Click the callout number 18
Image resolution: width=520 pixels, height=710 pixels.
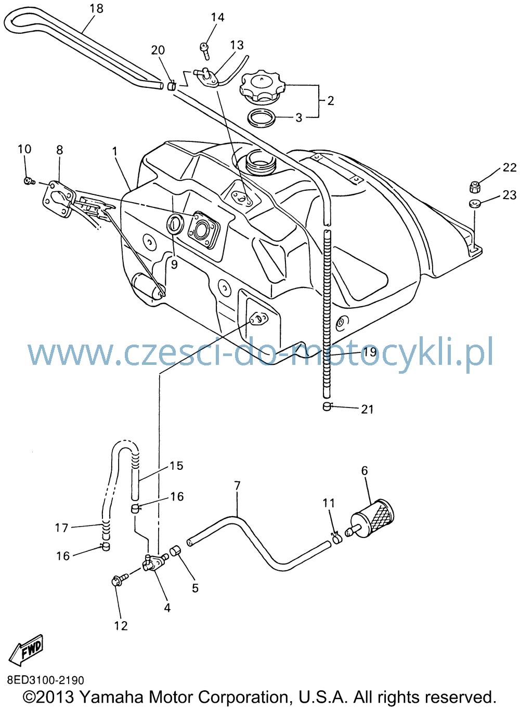(96, 8)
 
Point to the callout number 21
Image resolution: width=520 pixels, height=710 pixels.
(367, 410)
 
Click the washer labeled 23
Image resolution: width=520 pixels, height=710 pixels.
(474, 203)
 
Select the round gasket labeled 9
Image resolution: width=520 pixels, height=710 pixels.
(175, 224)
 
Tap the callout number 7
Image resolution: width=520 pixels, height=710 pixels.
(237, 485)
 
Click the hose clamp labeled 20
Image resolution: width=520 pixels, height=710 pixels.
(172, 86)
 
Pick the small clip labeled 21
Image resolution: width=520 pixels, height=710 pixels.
(327, 406)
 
